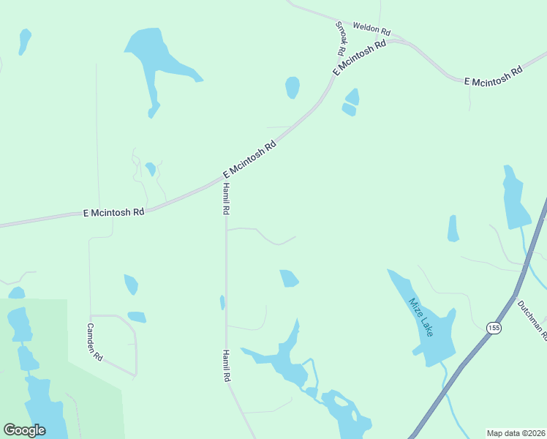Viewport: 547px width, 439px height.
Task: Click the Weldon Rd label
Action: point(371,29)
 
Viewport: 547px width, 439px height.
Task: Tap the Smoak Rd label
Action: point(340,39)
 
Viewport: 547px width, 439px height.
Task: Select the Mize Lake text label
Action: point(421,317)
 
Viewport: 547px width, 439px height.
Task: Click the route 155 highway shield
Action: point(494,328)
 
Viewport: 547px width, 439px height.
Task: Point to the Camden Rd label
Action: point(95,342)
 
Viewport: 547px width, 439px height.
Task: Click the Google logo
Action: point(25,429)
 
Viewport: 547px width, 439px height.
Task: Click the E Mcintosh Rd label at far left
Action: point(113,211)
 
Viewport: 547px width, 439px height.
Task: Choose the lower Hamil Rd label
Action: point(227,366)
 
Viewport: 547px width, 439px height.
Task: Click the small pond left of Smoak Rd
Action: point(293,87)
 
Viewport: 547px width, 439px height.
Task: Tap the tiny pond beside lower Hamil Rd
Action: point(222,302)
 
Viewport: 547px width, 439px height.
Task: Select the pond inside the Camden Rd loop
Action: point(137,317)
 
